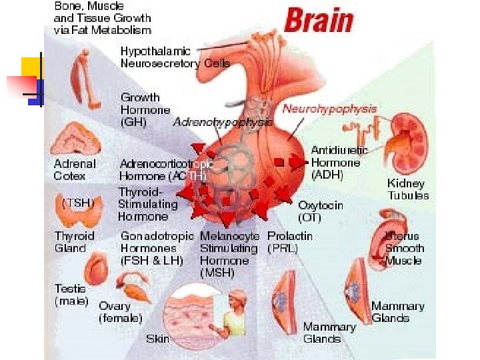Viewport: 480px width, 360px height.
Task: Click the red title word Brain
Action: pos(319,21)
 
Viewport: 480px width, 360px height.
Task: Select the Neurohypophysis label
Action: pos(329,109)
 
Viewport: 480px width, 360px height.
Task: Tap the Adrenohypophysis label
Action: pos(222,122)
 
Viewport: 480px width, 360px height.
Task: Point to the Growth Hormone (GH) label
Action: pos(145,109)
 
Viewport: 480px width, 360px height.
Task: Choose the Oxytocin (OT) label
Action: pos(321,211)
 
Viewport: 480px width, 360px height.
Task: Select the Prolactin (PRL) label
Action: pos(289,242)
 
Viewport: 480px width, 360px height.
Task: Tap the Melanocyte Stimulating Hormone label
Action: pos(229,254)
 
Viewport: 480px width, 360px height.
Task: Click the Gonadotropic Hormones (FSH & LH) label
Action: pos(157,248)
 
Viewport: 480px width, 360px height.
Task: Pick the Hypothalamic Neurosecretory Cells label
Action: pos(175,57)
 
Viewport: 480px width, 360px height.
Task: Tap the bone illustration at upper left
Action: pos(85,77)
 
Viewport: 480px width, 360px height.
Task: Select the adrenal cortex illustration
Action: pos(77,140)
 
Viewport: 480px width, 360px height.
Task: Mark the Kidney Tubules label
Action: pos(408,189)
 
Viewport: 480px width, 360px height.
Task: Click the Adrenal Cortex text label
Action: pos(75,169)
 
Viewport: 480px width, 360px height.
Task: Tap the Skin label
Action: pos(157,339)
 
